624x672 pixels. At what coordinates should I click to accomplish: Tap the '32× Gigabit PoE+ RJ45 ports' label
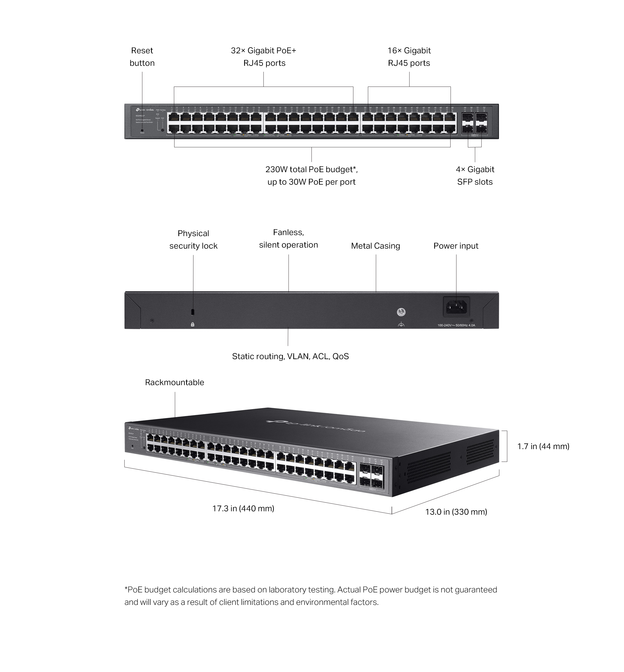pos(264,57)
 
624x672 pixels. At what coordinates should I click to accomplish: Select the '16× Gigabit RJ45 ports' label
pos(409,57)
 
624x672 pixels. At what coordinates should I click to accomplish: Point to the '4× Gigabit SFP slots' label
pos(475,176)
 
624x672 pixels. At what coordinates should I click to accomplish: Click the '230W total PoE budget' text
pos(311,170)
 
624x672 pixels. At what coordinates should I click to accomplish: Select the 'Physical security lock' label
pos(193,240)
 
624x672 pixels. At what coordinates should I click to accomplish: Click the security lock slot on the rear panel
pos(193,311)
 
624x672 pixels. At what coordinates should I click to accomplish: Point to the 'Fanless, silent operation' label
pos(288,238)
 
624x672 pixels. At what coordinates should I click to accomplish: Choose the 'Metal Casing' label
pos(375,246)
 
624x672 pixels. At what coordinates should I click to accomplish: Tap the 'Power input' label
pos(456,246)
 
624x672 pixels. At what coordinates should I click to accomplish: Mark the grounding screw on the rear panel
pos(401,312)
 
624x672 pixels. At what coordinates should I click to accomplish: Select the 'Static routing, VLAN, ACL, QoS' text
pos(290,356)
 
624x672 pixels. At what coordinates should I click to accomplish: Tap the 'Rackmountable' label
pos(174,382)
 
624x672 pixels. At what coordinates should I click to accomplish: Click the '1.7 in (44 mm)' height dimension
pos(543,447)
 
